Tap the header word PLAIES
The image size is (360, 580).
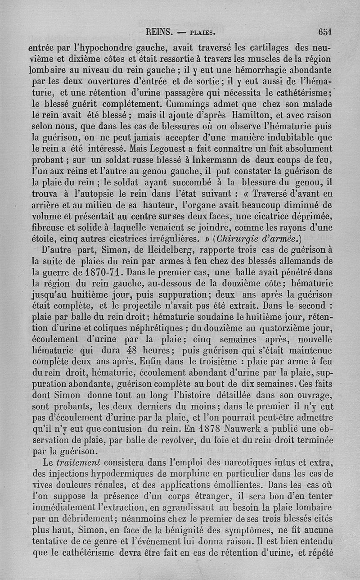coord(204,32)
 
